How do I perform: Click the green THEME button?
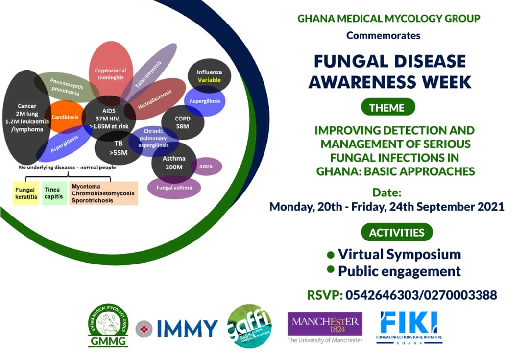pyautogui.click(x=387, y=107)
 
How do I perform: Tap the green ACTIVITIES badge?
pyautogui.click(x=397, y=232)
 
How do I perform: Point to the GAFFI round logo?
pyautogui.click(x=249, y=326)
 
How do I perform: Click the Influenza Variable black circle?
pyautogui.click(x=209, y=76)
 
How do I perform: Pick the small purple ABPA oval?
pyautogui.click(x=206, y=167)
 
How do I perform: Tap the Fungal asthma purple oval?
pyautogui.click(x=174, y=187)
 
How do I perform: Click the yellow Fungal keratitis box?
pyautogui.click(x=25, y=193)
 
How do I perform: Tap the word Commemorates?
pyautogui.click(x=383, y=35)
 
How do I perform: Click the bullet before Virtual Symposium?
pyautogui.click(x=331, y=255)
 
